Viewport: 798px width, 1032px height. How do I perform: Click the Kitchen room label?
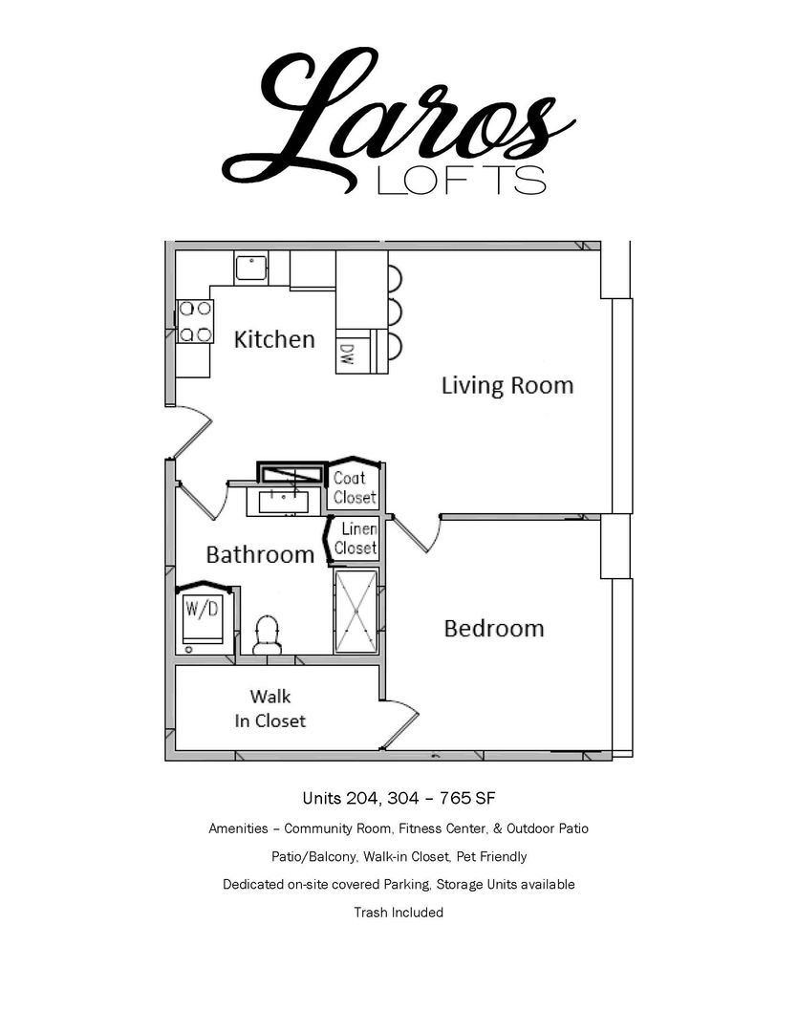[x=274, y=339]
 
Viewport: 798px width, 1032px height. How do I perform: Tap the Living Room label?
[x=507, y=385]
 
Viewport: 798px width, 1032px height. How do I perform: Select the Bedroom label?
[x=494, y=629]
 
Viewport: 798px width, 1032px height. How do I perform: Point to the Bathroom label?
[x=260, y=554]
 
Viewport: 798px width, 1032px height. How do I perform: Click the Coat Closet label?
[x=355, y=487]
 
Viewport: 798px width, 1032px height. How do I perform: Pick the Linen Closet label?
[x=356, y=538]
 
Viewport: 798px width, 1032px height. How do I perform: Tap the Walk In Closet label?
[x=270, y=708]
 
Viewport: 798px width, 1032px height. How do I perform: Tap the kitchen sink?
[x=250, y=268]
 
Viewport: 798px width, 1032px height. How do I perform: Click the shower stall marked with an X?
[x=356, y=612]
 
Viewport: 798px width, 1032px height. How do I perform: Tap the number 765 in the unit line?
[x=456, y=798]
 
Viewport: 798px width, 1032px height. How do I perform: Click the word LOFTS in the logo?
[x=462, y=180]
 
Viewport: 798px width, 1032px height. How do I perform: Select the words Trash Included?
[x=399, y=913]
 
